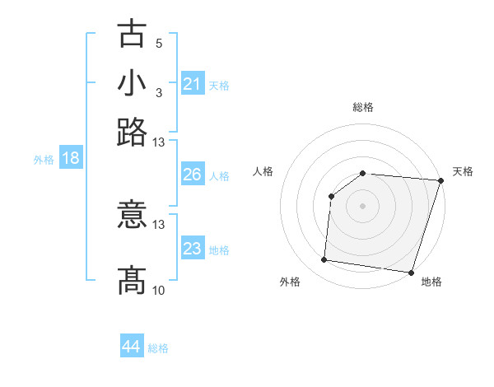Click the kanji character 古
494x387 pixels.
click(132, 35)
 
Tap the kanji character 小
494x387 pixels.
click(132, 84)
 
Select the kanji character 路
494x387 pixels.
click(132, 132)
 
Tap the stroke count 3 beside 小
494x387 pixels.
click(159, 92)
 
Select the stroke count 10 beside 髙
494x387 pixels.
click(159, 290)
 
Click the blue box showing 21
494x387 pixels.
click(193, 83)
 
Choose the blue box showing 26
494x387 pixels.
click(193, 175)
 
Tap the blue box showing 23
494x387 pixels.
click(193, 248)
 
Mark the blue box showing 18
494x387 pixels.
click(71, 158)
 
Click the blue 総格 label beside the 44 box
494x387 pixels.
click(158, 348)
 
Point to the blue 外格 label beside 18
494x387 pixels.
click(44, 160)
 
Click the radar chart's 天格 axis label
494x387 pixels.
click(463, 171)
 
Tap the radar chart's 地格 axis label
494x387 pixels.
click(431, 282)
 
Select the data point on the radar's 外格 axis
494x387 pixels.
click(324, 260)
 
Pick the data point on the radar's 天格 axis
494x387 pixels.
click(440, 180)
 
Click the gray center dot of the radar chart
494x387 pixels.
click(362, 205)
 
